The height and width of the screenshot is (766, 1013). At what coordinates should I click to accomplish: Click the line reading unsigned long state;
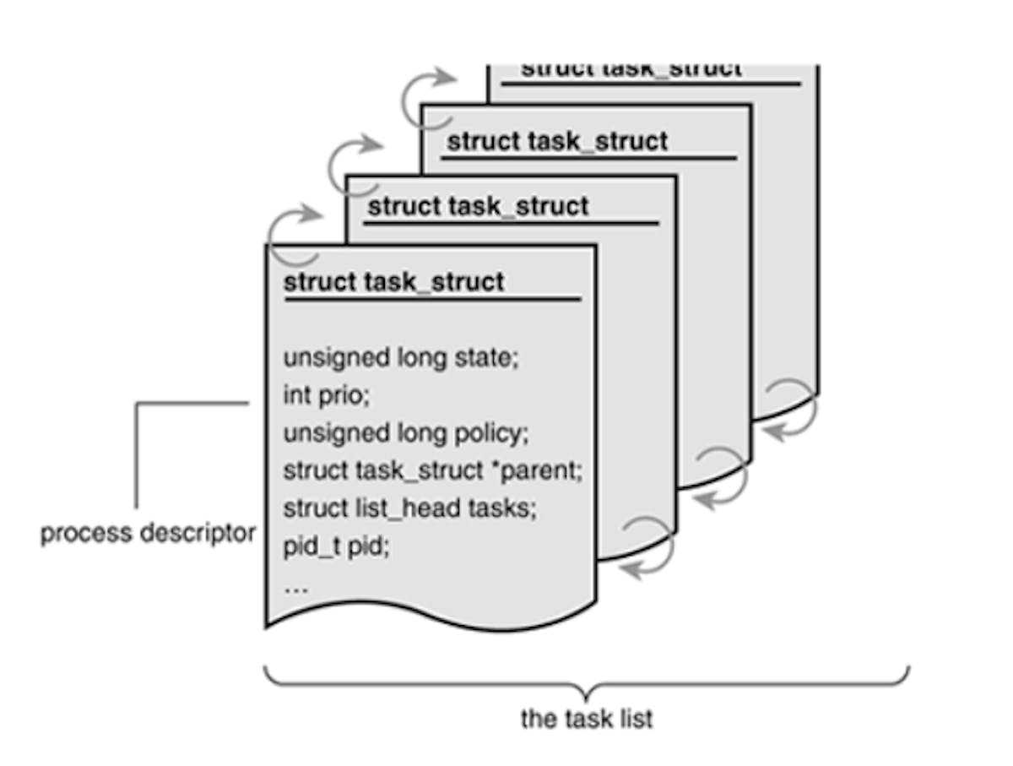point(400,358)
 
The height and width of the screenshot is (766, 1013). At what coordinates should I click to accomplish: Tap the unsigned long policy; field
point(405,433)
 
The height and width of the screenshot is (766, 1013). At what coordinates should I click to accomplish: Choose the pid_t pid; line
point(335,546)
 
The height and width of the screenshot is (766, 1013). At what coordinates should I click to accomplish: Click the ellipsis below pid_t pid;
point(295,587)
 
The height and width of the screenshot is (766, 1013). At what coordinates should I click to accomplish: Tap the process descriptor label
point(148,534)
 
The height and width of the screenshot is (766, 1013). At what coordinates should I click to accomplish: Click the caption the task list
point(587,719)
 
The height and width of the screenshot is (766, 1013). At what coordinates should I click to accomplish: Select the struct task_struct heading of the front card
point(393,281)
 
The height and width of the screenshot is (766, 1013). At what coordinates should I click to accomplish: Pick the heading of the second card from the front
point(479,206)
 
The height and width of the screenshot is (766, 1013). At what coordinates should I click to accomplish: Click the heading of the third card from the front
point(557,141)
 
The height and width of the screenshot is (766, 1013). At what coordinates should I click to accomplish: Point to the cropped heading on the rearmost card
point(631,69)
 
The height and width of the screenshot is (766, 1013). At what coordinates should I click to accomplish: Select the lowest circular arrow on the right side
point(647,547)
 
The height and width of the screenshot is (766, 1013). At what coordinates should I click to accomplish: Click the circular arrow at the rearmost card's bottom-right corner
point(790,409)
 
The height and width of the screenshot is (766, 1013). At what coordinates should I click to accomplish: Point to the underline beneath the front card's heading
point(431,298)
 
